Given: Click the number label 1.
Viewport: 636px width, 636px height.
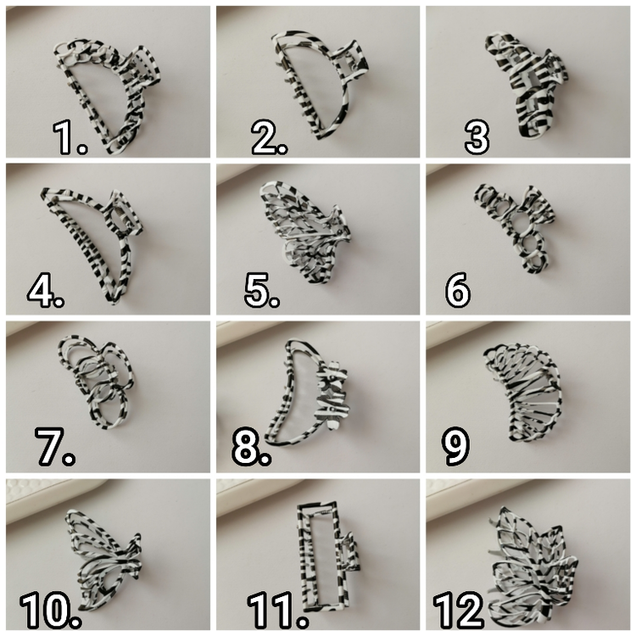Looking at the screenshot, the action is point(70,138).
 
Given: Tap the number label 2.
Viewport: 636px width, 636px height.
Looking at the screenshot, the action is point(270,138).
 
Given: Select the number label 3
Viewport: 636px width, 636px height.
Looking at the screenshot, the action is point(477,138).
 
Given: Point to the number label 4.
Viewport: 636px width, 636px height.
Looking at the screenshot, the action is point(46,290).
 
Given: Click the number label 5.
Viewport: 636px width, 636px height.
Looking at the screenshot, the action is point(262,290).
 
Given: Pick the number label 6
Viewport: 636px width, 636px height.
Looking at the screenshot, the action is point(458,290).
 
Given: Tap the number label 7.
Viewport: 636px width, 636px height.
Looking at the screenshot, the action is point(55,446).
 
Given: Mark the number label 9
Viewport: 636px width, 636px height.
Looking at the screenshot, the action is point(455,446).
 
